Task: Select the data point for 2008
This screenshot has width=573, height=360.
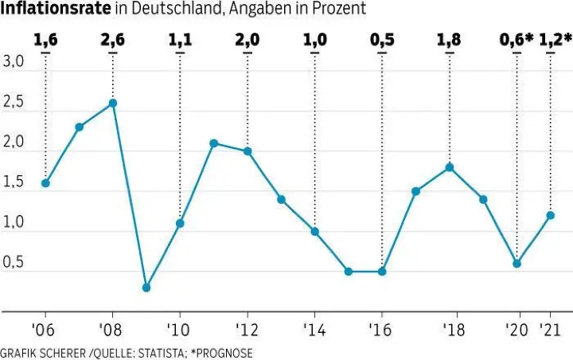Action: coord(113,103)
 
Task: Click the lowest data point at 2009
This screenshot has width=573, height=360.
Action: coord(146,288)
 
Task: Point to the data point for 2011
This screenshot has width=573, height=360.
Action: coord(214,143)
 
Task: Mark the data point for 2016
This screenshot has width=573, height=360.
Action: coord(382,272)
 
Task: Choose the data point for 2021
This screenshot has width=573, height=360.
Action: coord(551,215)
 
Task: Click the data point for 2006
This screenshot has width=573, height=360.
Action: coord(45,183)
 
